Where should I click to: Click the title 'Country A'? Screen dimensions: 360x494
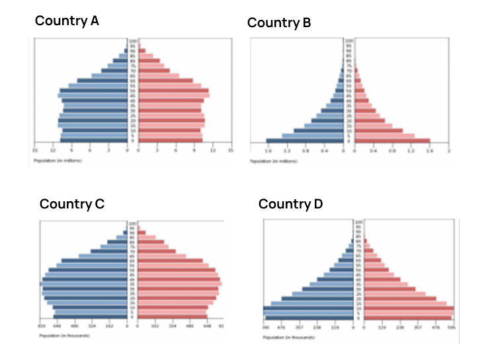tap(67, 21)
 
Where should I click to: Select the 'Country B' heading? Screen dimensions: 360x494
tap(279, 23)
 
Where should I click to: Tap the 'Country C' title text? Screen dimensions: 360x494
tap(72, 204)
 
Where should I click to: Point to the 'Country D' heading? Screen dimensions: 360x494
tap(290, 204)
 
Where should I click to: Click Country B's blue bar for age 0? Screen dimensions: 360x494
tap(305, 140)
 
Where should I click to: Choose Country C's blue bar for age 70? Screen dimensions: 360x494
tap(108, 251)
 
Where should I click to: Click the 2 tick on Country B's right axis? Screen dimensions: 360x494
tap(449, 151)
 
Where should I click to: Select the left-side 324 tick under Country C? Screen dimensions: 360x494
tap(93, 326)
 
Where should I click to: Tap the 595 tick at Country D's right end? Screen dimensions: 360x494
tap(452, 327)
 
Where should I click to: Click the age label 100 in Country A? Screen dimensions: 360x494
tap(133, 41)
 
